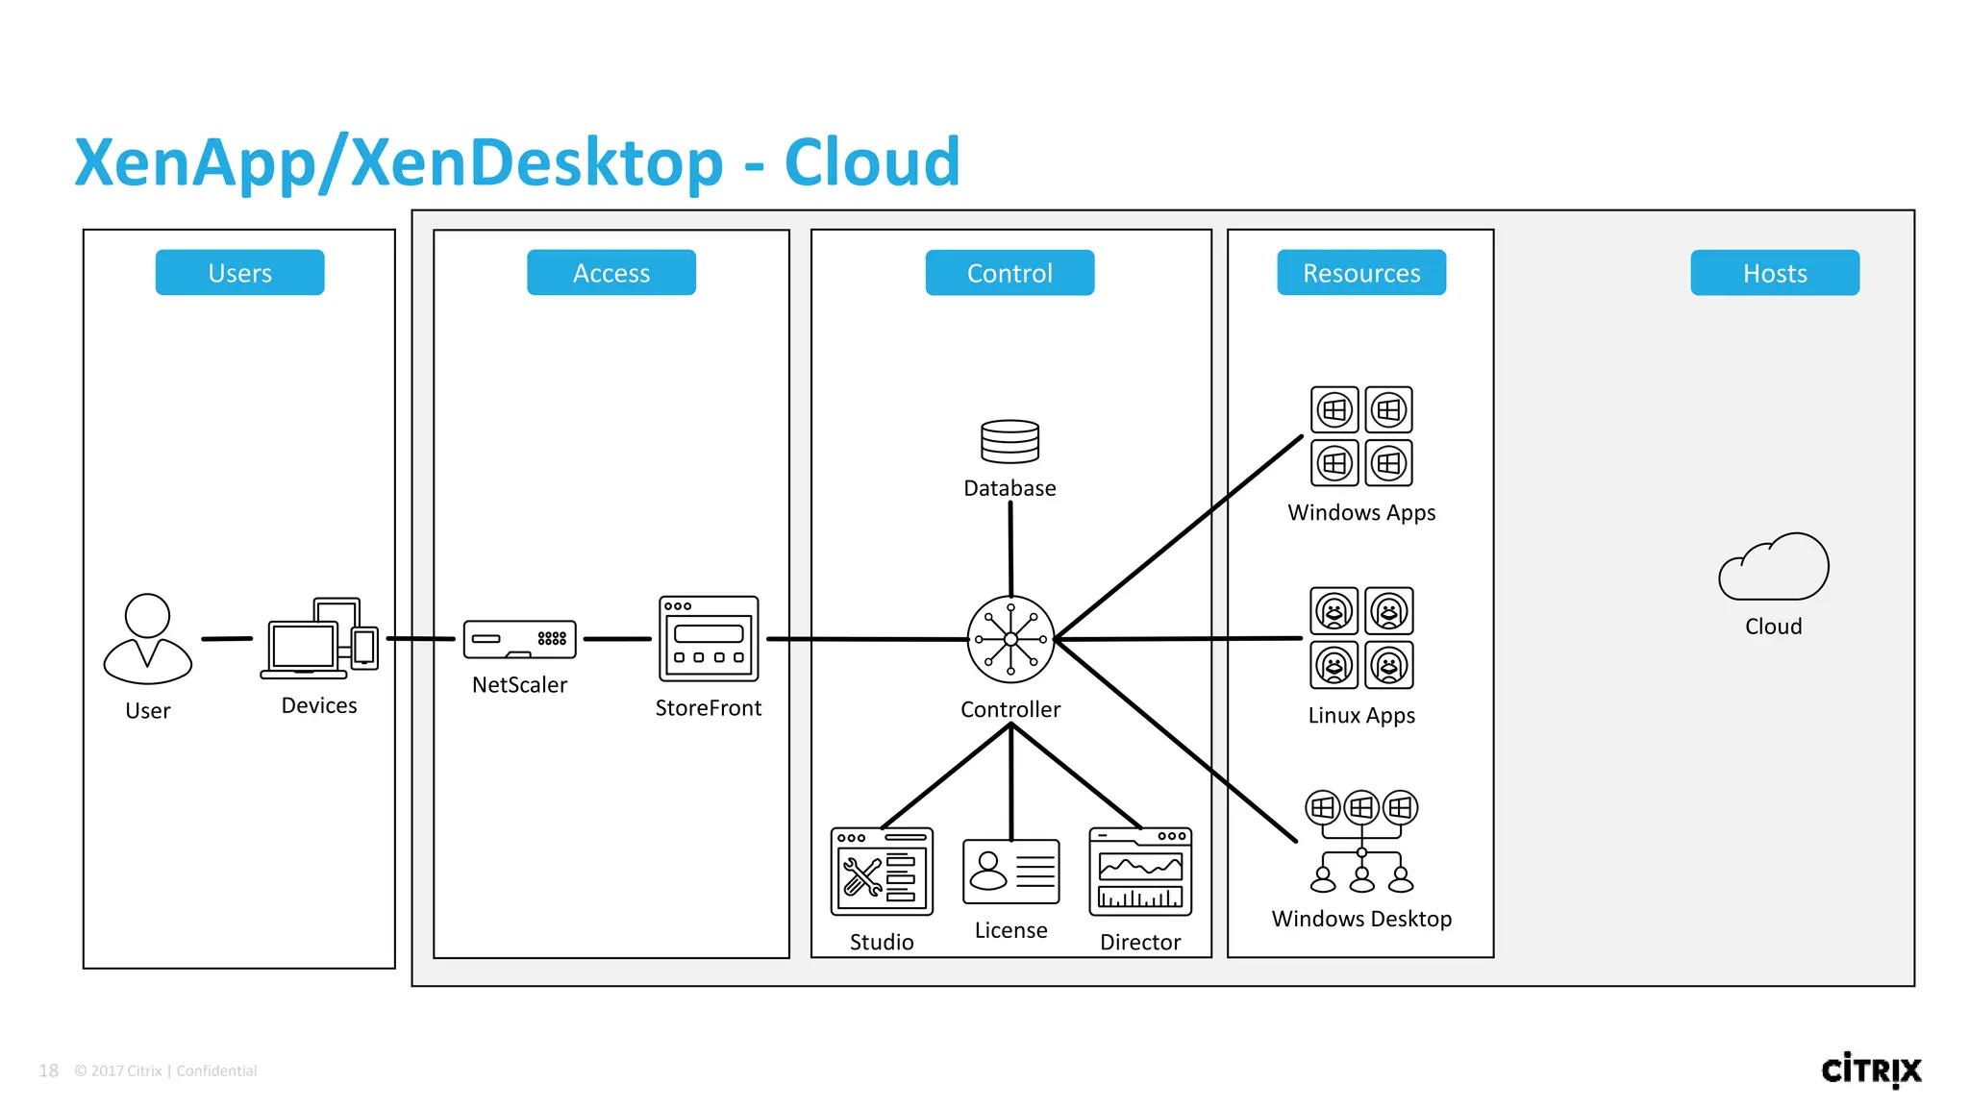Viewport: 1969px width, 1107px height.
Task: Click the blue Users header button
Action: (x=239, y=273)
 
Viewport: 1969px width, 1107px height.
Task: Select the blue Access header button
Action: (x=611, y=273)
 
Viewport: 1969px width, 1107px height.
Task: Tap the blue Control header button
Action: (x=1009, y=273)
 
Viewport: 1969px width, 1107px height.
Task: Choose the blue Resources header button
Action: (x=1360, y=273)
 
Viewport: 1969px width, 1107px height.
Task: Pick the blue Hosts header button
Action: (x=1774, y=273)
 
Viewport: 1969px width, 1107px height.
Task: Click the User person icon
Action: (x=147, y=639)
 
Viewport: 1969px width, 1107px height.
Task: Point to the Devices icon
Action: (x=320, y=638)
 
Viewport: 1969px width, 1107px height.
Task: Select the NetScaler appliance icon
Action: (x=519, y=639)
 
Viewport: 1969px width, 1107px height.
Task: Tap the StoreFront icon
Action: (x=709, y=639)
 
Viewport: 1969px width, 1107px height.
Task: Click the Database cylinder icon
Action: (x=1009, y=442)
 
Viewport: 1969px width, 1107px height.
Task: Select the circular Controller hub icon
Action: (x=1010, y=639)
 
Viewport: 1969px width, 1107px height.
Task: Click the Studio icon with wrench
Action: (x=882, y=873)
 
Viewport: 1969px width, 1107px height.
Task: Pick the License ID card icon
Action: (x=1010, y=872)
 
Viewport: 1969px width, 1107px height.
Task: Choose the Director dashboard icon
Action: (x=1140, y=872)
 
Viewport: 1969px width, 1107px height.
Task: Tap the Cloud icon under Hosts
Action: (x=1774, y=568)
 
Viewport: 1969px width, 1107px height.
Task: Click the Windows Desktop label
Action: (x=1361, y=919)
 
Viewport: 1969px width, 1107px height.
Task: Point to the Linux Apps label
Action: (x=1361, y=715)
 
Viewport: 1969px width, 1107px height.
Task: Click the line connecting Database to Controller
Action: (x=1010, y=548)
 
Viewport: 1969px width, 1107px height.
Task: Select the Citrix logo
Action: (x=1871, y=1070)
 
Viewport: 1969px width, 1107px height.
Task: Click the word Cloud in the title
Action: (x=872, y=161)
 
